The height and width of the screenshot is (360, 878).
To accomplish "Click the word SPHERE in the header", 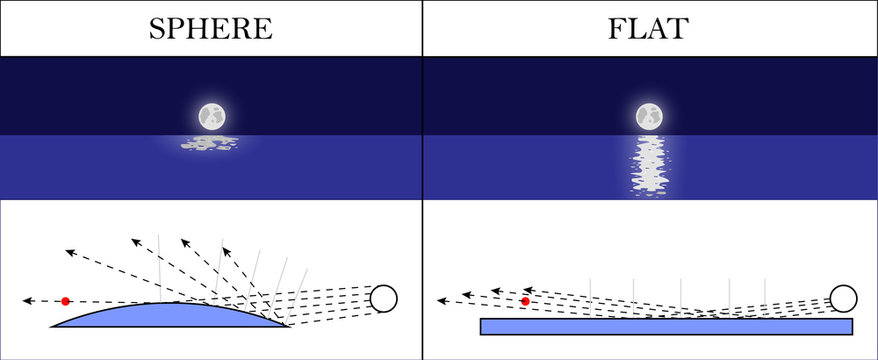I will (x=210, y=28).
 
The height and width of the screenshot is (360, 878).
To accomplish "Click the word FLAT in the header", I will (x=649, y=28).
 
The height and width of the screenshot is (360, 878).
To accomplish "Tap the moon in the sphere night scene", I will (x=211, y=117).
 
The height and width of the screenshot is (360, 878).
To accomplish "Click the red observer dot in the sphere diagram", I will (x=65, y=300).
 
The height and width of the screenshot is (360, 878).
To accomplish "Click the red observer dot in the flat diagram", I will (x=525, y=300).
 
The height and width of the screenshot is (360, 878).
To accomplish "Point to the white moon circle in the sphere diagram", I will (x=383, y=298).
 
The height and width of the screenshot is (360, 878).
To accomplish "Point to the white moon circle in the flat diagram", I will (x=843, y=298).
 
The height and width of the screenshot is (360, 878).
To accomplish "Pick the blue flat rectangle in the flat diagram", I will (x=666, y=326).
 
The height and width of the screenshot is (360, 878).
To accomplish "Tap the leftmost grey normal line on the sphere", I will (x=160, y=265).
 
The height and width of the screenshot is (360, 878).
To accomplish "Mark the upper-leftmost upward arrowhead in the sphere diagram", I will (x=67, y=250).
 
